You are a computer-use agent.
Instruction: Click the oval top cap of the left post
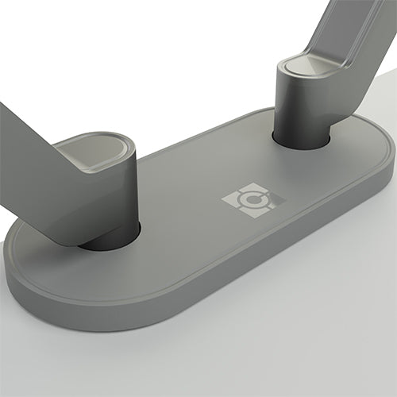pyautogui.click(x=96, y=150)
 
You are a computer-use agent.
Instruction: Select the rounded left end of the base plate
pyautogui.click(x=24, y=262)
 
